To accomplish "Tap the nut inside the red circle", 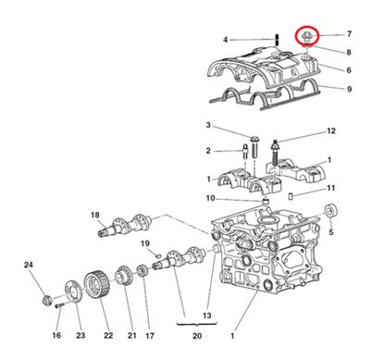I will tap(307, 37).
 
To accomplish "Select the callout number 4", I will tap(225, 40).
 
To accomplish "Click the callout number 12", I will tap(331, 131).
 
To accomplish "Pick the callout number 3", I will tap(208, 125).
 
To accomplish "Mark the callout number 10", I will tap(210, 198).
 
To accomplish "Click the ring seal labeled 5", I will tap(329, 216).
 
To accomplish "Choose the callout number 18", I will tap(94, 216).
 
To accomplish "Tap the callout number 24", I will tap(28, 267).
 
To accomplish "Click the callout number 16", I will tap(56, 335).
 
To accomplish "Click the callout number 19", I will tap(144, 243).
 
